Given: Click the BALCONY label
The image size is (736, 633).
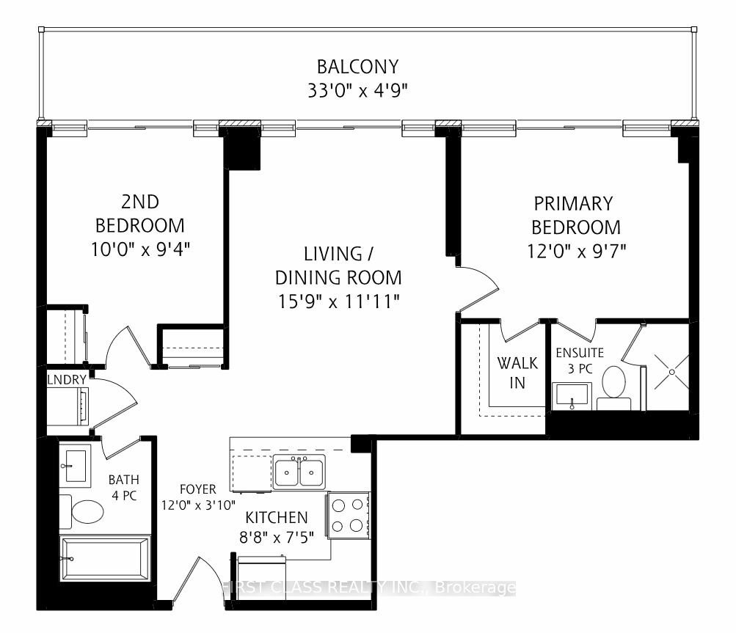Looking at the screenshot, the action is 357,67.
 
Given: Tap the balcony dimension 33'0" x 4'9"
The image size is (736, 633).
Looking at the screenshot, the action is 357,90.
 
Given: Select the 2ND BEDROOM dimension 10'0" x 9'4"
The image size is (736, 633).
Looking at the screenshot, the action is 140,249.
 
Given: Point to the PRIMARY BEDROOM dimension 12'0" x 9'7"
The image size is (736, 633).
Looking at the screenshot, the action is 577,251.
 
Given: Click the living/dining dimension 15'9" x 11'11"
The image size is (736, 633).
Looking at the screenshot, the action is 338,301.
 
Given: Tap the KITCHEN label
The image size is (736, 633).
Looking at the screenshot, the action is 277,518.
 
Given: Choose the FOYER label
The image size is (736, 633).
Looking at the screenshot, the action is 198,489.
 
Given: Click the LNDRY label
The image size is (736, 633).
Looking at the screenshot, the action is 67,380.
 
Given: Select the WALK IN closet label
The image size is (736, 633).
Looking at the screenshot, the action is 517,373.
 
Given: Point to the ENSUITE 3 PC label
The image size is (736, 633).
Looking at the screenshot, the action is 580,360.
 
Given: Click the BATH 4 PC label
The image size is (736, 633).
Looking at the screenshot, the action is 123,488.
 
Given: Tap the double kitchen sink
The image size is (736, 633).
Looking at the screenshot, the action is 299,472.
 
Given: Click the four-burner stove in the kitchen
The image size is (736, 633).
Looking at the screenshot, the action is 348,516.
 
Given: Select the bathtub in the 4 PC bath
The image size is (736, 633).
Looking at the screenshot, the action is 105,559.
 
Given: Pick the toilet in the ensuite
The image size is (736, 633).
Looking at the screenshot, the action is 613,388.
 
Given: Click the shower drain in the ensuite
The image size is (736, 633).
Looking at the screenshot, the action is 671,372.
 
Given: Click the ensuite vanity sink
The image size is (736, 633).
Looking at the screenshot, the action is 572,395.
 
